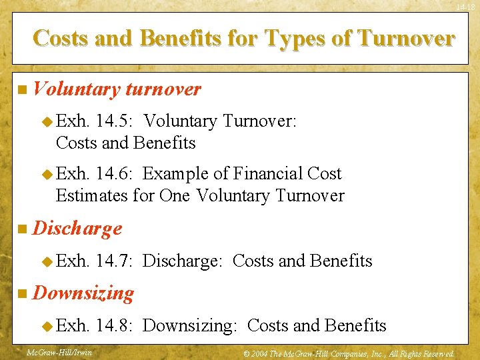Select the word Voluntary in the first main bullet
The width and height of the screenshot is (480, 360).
76,89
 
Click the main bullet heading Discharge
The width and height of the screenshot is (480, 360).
77,229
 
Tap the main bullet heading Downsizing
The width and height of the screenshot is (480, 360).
83,293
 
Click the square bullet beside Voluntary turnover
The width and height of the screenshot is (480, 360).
23,90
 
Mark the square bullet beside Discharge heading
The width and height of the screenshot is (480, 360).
23,229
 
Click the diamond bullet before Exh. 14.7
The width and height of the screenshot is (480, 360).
47,261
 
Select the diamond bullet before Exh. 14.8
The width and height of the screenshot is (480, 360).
47,326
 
